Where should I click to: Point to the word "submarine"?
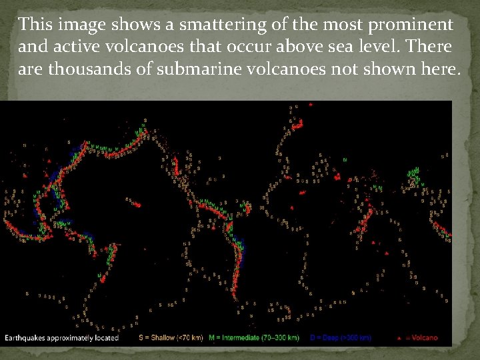pos(187,70)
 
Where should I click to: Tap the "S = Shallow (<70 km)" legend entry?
pos(170,338)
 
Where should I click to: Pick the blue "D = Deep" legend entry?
pos(340,338)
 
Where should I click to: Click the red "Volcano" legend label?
pos(424,338)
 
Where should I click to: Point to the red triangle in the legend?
pos(398,338)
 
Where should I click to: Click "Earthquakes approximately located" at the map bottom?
pos(61,338)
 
